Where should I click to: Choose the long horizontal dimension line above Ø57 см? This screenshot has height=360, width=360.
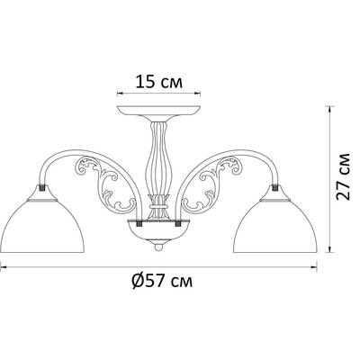[162, 266]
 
